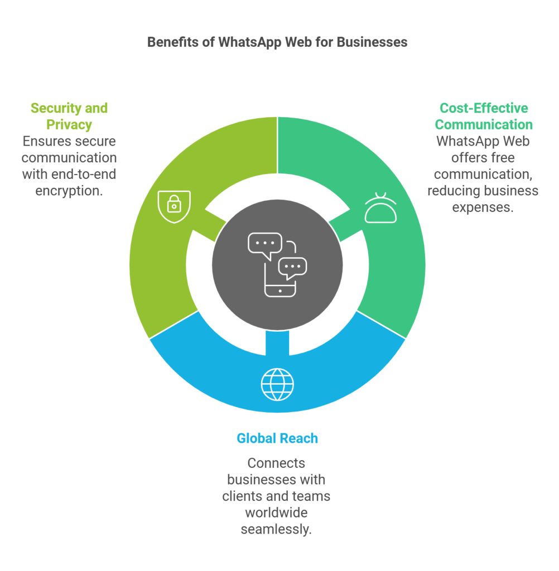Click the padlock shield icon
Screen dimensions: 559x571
[x=174, y=206]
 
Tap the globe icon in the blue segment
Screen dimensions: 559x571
[x=277, y=385]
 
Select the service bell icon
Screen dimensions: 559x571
[x=380, y=207]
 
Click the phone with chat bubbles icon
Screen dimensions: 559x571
[x=277, y=265]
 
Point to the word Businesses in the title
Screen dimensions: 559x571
[x=372, y=42]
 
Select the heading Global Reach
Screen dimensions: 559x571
[x=277, y=438]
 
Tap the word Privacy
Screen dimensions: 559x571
[x=69, y=124]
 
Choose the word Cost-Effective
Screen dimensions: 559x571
[x=484, y=108]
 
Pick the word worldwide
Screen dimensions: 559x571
[x=276, y=513]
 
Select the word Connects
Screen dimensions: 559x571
[x=276, y=463]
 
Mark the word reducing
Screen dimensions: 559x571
[x=454, y=191]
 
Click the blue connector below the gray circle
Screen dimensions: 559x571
[x=277, y=343]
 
